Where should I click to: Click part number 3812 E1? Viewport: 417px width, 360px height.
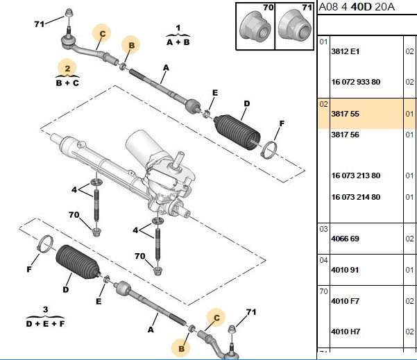[x=345, y=51]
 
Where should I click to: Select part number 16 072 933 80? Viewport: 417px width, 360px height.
[x=355, y=82]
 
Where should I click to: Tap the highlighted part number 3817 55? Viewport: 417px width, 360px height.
[x=345, y=114]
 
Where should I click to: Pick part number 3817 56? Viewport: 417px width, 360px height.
[x=345, y=135]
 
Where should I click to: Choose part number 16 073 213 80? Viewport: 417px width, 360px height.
[x=355, y=175]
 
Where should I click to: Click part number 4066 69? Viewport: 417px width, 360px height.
[x=345, y=239]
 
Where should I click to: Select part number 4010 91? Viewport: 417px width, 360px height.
[x=345, y=270]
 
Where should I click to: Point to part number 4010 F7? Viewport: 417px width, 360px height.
[x=345, y=301]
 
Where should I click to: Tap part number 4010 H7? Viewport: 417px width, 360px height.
[x=346, y=332]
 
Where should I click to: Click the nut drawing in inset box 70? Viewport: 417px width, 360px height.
[x=255, y=28]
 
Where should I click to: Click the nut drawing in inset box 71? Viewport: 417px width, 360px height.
[x=294, y=26]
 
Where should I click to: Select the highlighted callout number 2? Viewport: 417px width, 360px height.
[x=67, y=69]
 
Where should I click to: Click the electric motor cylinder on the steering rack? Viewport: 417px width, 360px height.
[x=139, y=145]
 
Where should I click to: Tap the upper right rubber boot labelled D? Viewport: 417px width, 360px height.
[x=237, y=132]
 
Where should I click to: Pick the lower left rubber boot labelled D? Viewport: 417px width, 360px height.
[x=78, y=262]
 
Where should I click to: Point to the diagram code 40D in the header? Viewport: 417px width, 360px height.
[x=361, y=7]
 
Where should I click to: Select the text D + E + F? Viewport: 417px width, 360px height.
[x=45, y=323]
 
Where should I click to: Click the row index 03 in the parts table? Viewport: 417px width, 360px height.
[x=323, y=229]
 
